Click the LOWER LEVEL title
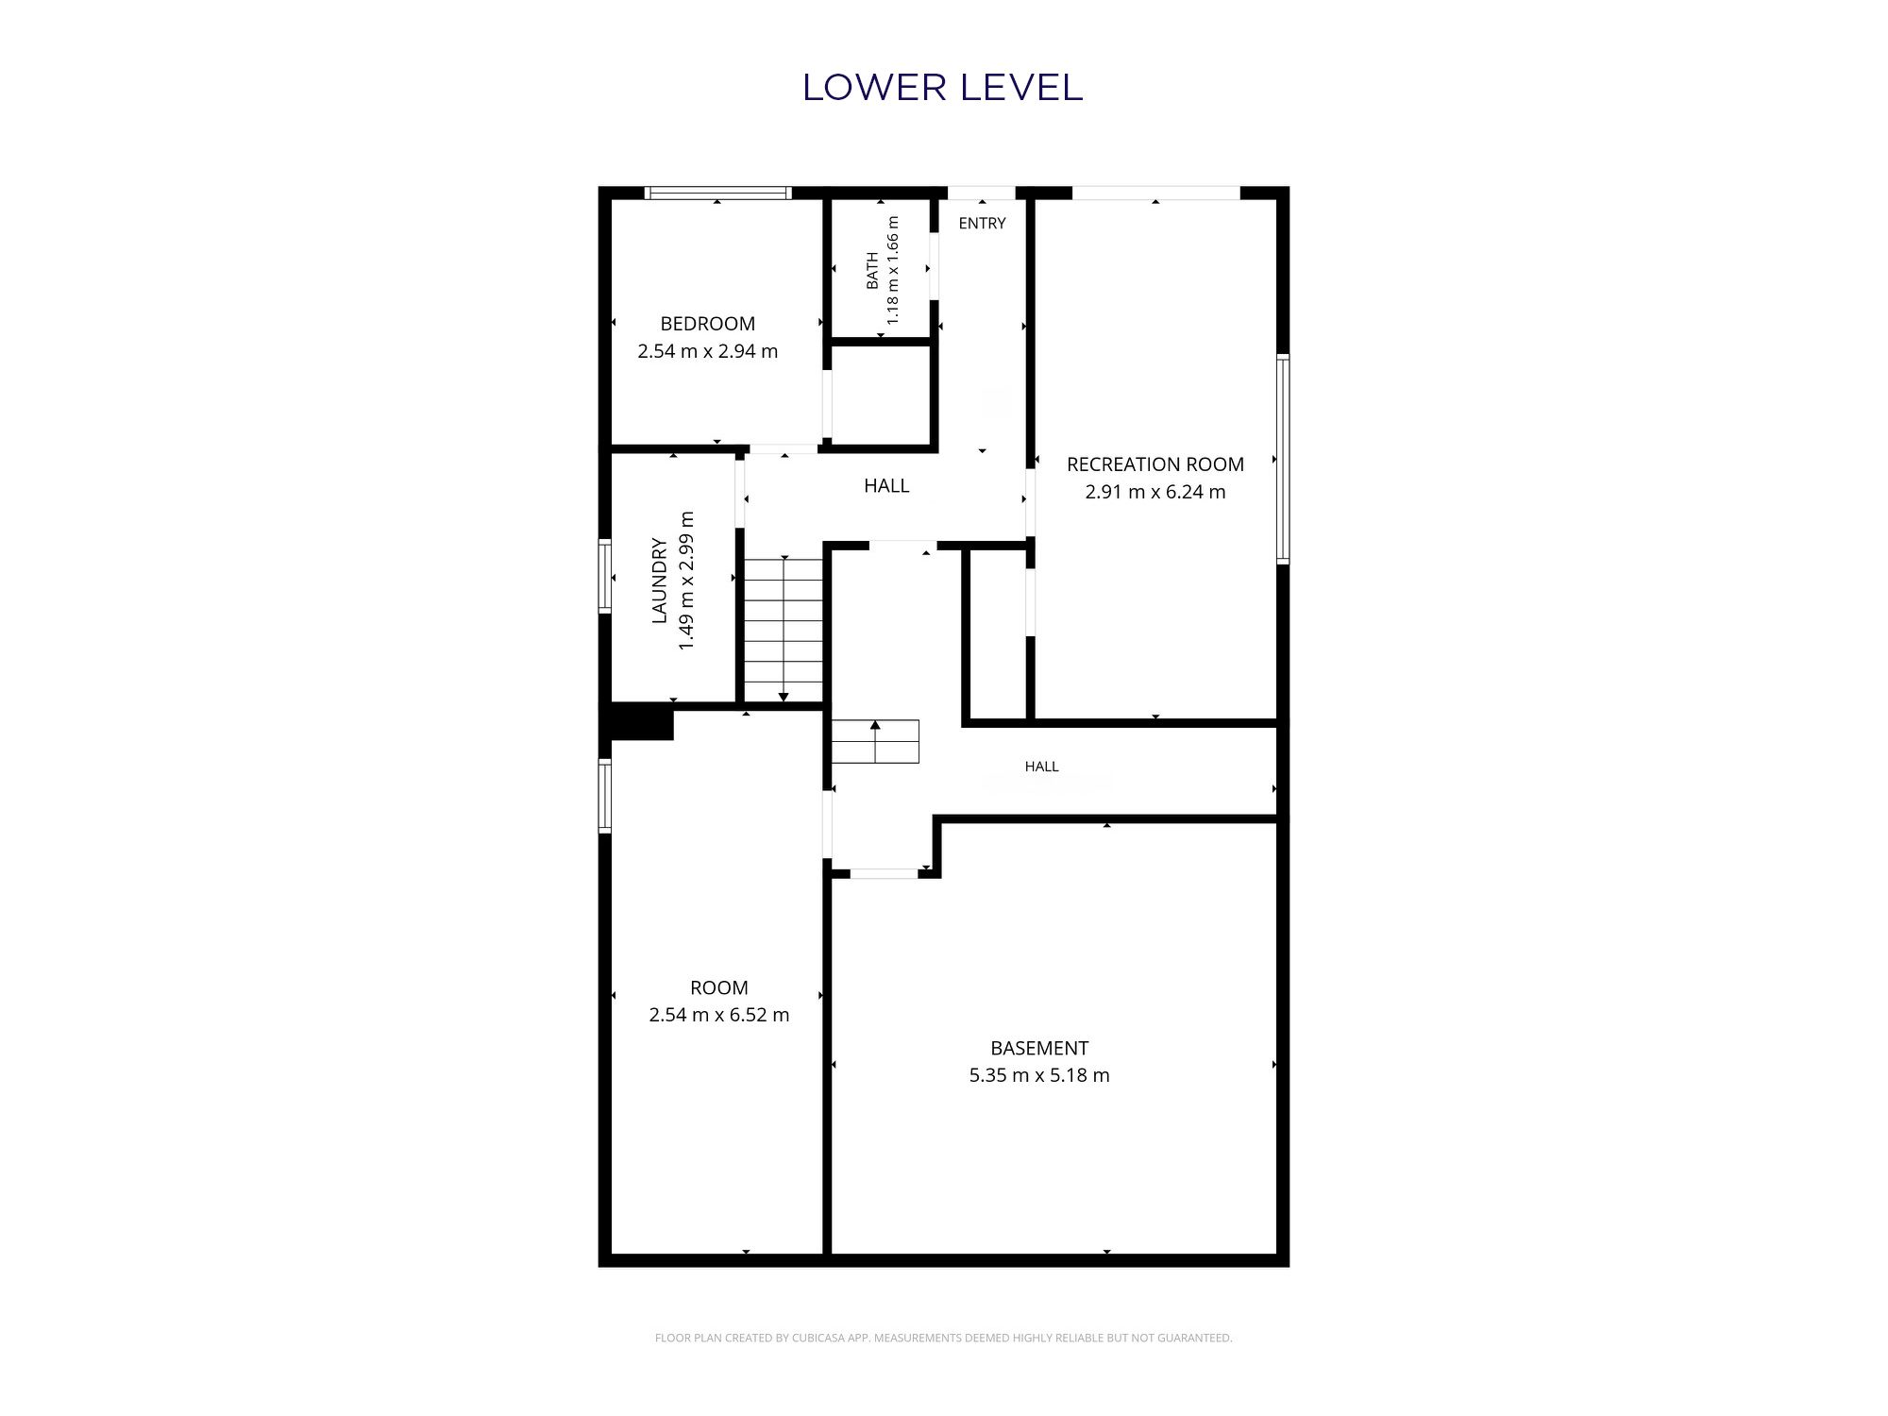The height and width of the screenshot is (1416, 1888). click(x=942, y=88)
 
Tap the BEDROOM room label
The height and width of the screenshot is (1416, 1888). click(x=708, y=324)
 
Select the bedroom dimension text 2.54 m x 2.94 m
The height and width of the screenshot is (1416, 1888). click(x=708, y=351)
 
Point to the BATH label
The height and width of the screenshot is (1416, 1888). click(x=872, y=271)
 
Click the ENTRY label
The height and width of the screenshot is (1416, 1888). click(x=982, y=224)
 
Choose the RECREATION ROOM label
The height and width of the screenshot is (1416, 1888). click(x=1155, y=464)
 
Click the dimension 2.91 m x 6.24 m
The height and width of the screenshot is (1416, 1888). click(x=1155, y=492)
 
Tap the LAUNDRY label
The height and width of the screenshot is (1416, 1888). click(x=660, y=581)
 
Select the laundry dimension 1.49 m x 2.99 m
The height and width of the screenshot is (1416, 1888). click(x=686, y=581)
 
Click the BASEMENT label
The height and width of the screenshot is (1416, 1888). click(x=1039, y=1048)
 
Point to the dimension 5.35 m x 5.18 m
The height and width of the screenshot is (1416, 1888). click(x=1039, y=1075)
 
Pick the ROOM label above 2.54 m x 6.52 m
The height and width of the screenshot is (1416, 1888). click(x=719, y=988)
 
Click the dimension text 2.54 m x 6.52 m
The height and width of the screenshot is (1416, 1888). click(x=719, y=1015)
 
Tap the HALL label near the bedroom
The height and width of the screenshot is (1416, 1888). click(x=886, y=486)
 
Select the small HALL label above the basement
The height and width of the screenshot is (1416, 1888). click(x=1042, y=767)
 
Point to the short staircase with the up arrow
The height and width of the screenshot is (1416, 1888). click(x=875, y=742)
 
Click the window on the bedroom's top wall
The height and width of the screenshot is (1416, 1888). click(x=717, y=194)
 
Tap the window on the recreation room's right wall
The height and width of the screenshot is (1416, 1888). click(x=1283, y=459)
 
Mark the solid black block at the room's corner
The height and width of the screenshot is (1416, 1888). click(x=638, y=722)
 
